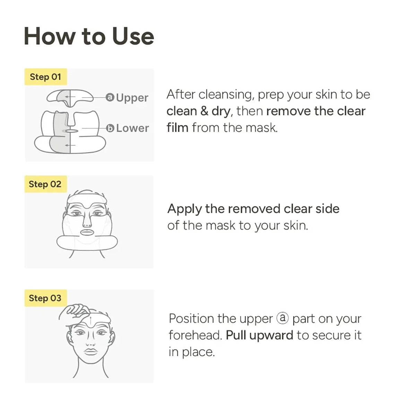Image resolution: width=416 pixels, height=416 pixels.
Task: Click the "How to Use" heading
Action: [x=89, y=36]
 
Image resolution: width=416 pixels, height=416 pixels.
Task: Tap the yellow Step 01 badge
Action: [x=45, y=77]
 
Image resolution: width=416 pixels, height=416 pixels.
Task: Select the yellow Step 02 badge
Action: [x=45, y=184]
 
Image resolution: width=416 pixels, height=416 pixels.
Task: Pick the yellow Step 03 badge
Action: [x=45, y=298]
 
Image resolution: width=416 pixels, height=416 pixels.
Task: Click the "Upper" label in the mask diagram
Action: [x=132, y=98]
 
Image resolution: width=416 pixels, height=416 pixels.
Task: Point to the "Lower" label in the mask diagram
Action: [x=132, y=128]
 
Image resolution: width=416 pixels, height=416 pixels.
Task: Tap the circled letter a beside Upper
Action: [x=110, y=98]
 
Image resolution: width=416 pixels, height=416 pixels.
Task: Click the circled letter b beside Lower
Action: [x=110, y=128]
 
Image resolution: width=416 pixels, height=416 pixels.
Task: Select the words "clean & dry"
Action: [x=198, y=111]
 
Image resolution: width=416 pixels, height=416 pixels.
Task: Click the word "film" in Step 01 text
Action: [x=177, y=128]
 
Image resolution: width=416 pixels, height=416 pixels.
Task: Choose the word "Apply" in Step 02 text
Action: [x=184, y=209]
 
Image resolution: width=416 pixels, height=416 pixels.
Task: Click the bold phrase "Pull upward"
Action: [x=259, y=335]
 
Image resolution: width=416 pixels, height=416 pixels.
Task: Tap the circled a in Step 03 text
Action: [x=283, y=318]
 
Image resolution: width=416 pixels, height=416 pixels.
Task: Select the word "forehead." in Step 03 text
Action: [x=195, y=335]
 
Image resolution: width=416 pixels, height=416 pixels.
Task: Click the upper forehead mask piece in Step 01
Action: [x=70, y=96]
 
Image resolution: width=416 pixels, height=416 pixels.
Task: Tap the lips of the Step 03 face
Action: [x=91, y=351]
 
